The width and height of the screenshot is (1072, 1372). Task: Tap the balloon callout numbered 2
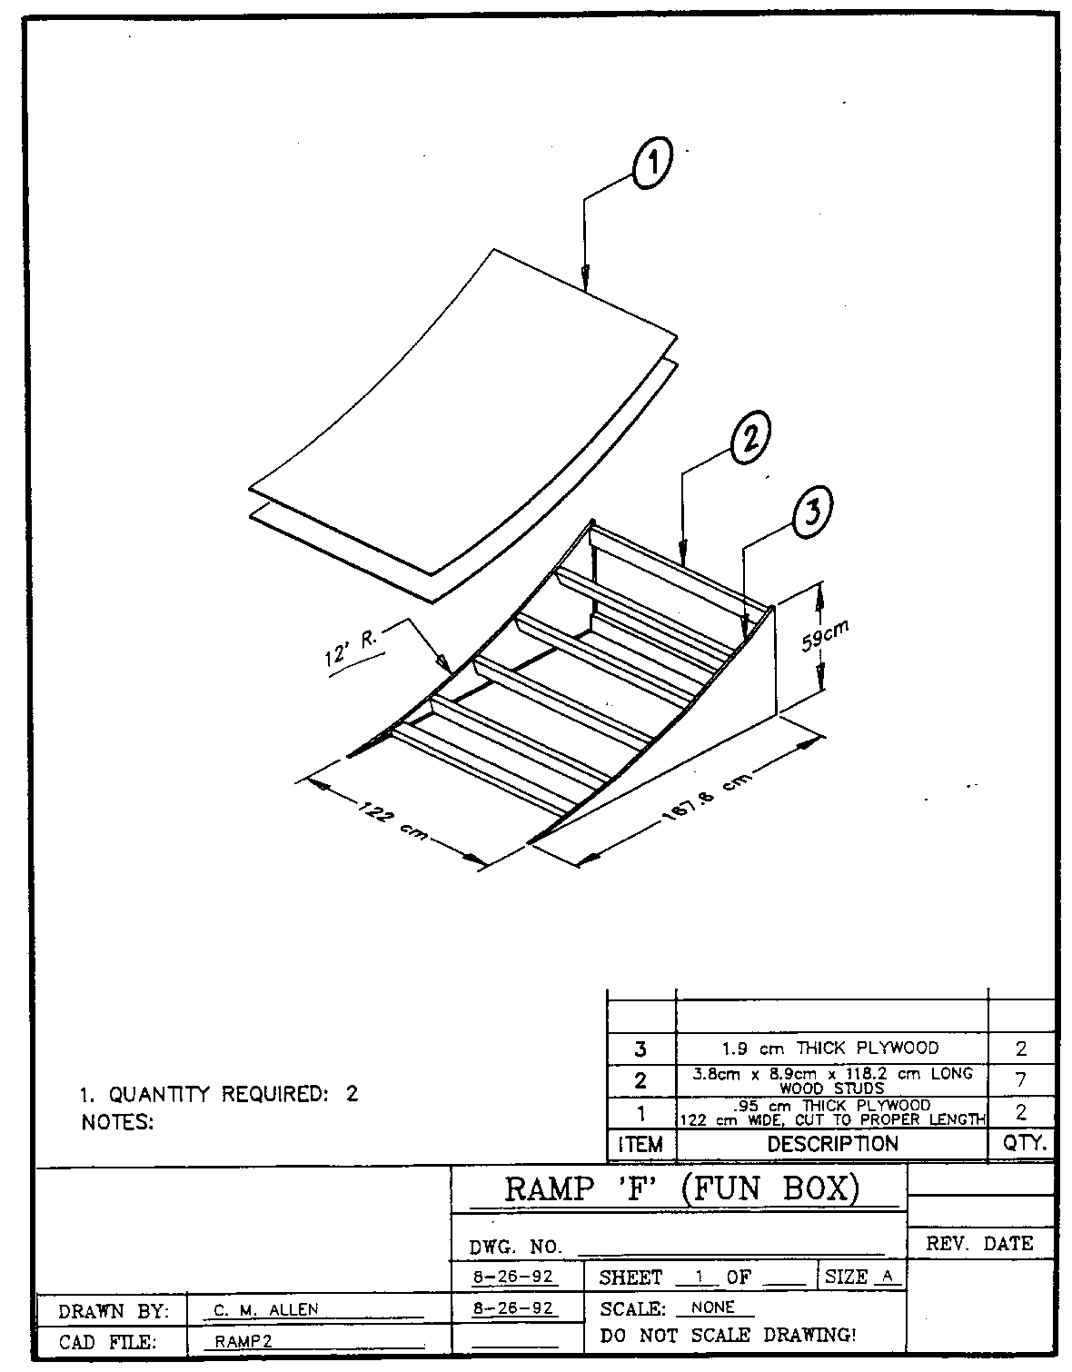750,440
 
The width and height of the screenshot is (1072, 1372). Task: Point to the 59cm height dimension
823,636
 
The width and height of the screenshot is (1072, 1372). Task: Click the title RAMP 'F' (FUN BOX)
681,1189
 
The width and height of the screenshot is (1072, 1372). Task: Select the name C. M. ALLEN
266,1310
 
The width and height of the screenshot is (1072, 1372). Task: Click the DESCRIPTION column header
832,1144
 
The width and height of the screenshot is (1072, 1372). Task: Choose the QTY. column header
1024,1144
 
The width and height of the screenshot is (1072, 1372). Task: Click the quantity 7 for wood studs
1021,1080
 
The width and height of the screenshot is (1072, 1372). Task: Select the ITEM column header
640,1145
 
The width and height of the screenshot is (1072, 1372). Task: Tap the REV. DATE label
979,1243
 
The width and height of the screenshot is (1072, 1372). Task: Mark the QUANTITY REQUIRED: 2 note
219,1094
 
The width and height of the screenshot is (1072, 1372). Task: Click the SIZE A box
862,1277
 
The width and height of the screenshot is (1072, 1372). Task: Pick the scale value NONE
712,1308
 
